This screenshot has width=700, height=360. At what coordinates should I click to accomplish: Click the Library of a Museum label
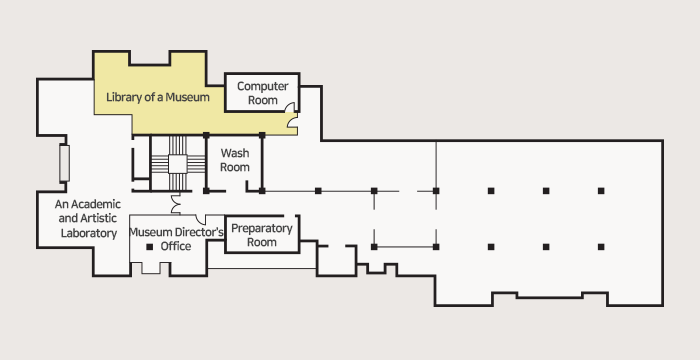click(x=158, y=97)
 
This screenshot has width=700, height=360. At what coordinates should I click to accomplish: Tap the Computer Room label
click(x=262, y=93)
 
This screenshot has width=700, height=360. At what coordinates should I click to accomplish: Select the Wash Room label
click(x=235, y=160)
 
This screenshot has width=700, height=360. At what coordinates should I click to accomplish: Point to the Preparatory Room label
click(x=262, y=235)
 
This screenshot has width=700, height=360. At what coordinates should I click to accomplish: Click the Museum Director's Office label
click(x=176, y=239)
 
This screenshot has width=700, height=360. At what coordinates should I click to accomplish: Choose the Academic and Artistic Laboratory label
click(x=88, y=218)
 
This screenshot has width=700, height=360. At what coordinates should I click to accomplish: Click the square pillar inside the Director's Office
click(x=150, y=247)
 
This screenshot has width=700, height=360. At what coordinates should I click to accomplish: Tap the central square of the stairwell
click(x=178, y=164)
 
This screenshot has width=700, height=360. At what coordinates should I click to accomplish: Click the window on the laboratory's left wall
click(x=64, y=163)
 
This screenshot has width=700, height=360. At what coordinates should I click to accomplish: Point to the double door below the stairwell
click(x=175, y=204)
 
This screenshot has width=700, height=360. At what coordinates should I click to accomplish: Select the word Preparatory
click(x=262, y=229)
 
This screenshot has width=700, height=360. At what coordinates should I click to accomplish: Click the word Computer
click(x=262, y=86)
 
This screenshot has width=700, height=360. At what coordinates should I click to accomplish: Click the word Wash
click(x=235, y=153)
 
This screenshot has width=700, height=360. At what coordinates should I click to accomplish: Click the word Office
click(x=176, y=246)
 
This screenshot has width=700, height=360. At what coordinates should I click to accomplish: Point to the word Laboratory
click(x=89, y=233)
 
